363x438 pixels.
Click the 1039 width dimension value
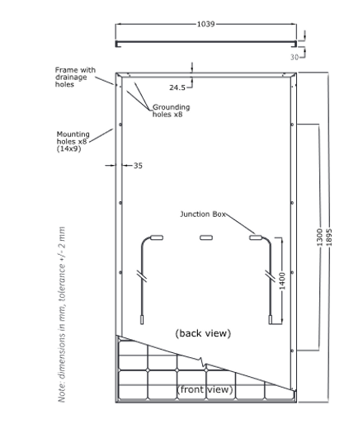206,24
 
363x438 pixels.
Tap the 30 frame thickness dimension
295,57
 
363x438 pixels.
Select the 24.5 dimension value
177,87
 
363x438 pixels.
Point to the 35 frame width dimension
138,166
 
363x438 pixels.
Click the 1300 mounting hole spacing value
319,238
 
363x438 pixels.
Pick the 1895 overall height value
329,238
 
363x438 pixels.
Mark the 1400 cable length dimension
282,280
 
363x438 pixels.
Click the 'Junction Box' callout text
203,214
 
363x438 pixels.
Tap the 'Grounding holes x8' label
172,111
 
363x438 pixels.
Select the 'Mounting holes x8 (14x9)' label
73,141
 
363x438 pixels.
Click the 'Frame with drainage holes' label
75,77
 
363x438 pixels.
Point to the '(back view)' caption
203,333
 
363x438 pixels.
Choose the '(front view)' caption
205,389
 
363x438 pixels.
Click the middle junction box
206,238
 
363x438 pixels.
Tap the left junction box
157,238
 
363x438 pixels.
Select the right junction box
256,238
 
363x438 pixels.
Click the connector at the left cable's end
142,320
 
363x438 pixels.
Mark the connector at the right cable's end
271,320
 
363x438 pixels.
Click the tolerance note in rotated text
62,314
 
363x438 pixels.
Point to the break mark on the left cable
142,276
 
